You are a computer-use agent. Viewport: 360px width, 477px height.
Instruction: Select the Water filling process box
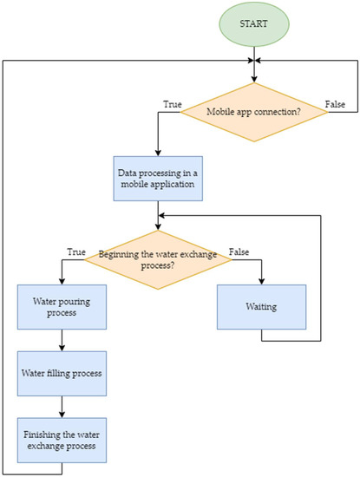point(62,373)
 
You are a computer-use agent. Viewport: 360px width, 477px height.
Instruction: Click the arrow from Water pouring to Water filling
point(62,343)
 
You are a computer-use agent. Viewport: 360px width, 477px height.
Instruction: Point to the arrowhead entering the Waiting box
point(261,279)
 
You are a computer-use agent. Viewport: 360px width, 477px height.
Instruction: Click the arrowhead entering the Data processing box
point(157,150)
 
